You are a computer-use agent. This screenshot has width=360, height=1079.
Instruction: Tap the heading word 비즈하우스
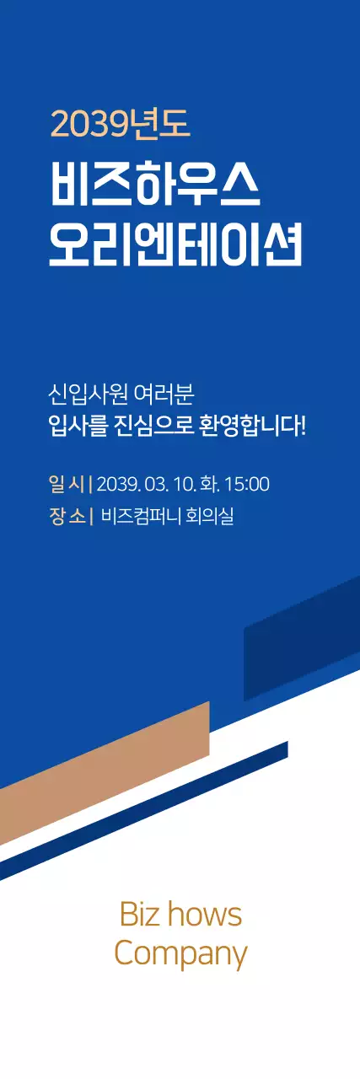tap(155, 187)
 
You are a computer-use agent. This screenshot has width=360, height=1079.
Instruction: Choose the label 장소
tap(67, 516)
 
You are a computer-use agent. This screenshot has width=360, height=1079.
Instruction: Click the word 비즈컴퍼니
tap(142, 516)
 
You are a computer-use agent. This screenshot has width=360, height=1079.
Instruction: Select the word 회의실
tap(210, 516)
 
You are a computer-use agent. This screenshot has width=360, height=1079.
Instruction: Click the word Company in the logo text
tap(180, 954)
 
